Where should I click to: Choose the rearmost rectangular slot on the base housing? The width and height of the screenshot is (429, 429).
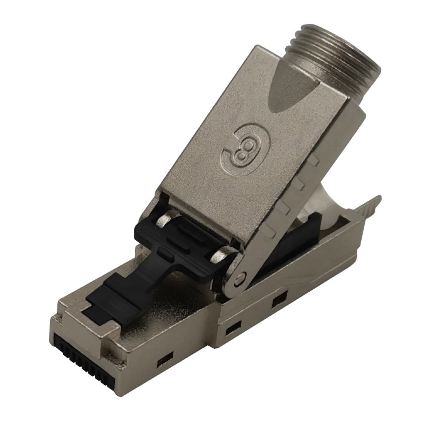click(279, 298)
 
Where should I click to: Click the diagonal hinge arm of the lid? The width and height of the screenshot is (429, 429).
click(266, 240)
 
